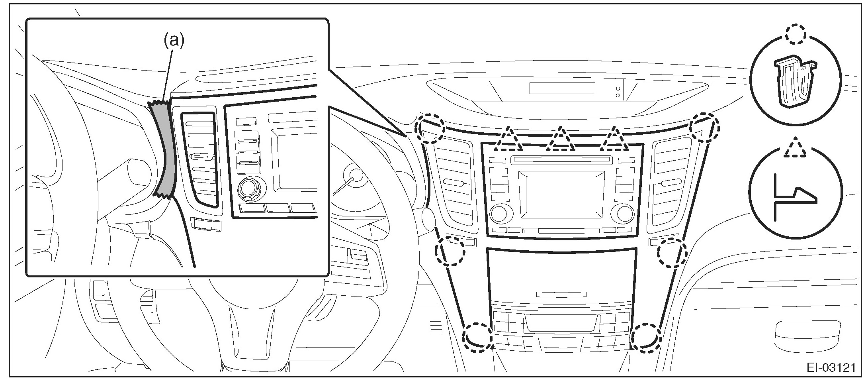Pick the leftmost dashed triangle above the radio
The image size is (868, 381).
(508, 140)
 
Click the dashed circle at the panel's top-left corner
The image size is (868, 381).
(430, 129)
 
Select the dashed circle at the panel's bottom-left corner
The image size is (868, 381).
(478, 337)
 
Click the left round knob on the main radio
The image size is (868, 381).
(499, 214)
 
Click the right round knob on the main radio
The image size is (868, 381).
(625, 214)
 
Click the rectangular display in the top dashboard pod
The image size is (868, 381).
(562, 88)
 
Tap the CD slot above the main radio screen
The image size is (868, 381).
(562, 160)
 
